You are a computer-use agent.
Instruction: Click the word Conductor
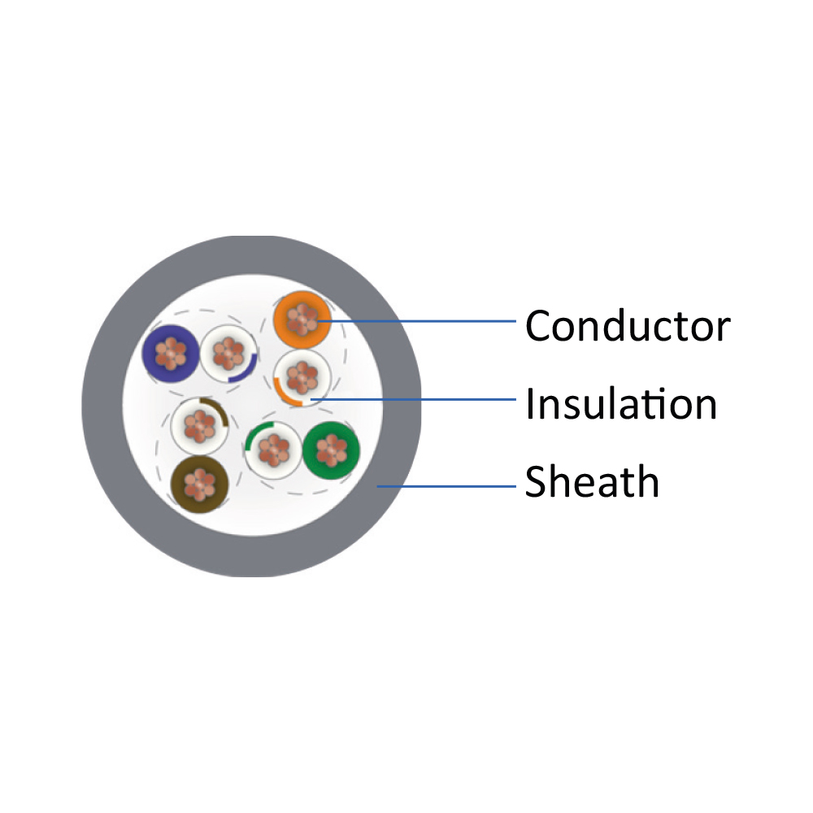click(x=628, y=326)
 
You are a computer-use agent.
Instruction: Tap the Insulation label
click(x=621, y=403)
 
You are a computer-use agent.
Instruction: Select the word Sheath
click(x=592, y=481)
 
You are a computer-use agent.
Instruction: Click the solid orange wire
click(x=302, y=320)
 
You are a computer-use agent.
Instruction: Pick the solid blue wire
click(x=171, y=354)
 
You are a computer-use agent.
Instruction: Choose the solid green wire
click(x=331, y=450)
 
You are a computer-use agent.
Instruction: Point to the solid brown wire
click(x=200, y=485)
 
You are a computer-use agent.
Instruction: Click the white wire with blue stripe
click(x=228, y=354)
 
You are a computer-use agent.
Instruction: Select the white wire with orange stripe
click(x=302, y=377)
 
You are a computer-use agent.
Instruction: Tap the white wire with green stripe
click(x=273, y=450)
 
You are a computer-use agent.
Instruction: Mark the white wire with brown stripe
click(x=200, y=426)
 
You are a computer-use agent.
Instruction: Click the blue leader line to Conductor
click(x=417, y=321)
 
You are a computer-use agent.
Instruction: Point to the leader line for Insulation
click(x=413, y=399)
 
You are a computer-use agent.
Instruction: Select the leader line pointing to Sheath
click(x=446, y=486)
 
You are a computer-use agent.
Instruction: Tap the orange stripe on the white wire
click(x=285, y=394)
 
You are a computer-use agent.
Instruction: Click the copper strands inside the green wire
click(x=331, y=450)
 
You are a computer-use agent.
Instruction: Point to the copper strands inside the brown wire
click(x=200, y=485)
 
